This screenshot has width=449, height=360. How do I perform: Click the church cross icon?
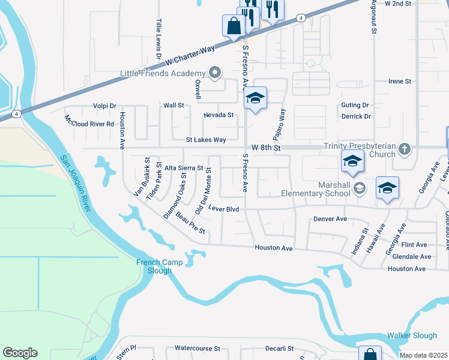pyautogui.click(x=405, y=148)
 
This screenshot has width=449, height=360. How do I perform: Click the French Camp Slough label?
pyautogui.click(x=154, y=266)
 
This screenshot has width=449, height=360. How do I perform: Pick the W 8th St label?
pyautogui.click(x=266, y=147)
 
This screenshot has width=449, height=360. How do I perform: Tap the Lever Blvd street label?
pyautogui.click(x=223, y=209)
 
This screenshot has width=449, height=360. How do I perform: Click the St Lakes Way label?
pyautogui.click(x=206, y=140)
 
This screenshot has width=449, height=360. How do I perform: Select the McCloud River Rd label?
pyautogui.click(x=89, y=121)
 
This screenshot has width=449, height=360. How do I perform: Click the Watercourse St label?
pyautogui.click(x=197, y=348)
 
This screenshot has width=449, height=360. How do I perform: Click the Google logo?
pyautogui.click(x=20, y=353)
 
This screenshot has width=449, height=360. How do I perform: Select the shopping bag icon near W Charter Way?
pyautogui.click(x=233, y=26)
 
